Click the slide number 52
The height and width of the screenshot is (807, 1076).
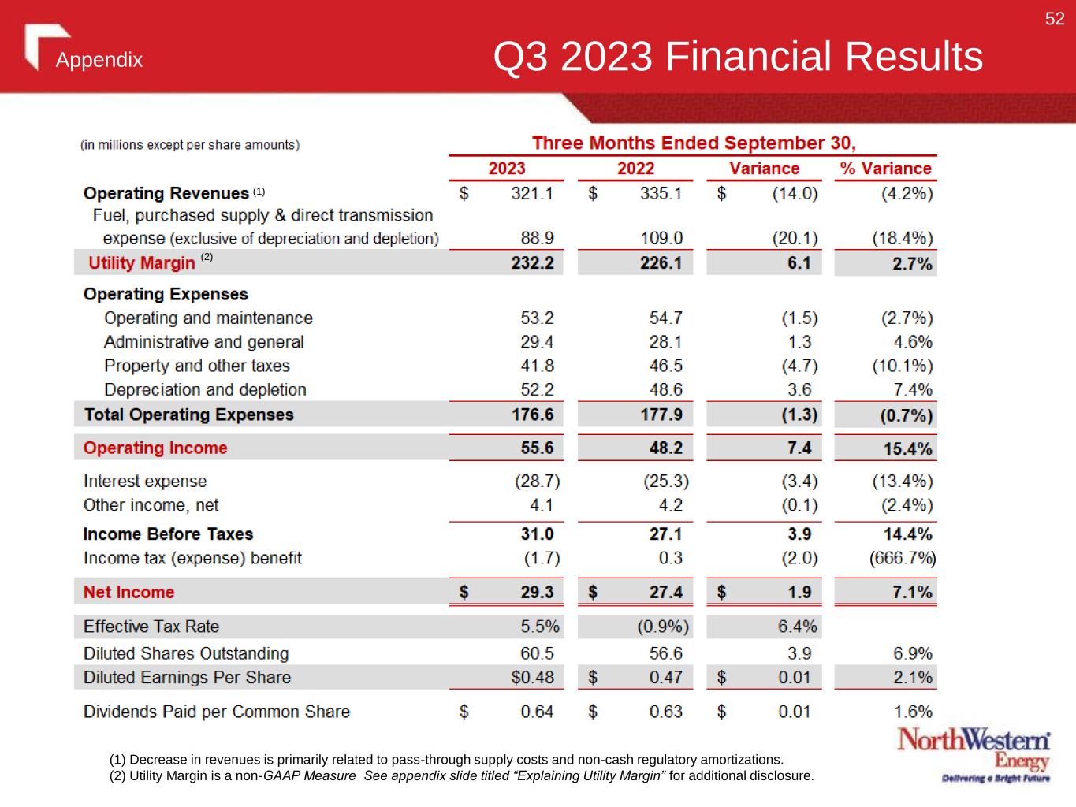pos(1055,19)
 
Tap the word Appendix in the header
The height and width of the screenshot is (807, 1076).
pos(99,61)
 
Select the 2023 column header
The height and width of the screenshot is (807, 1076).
pos(507,169)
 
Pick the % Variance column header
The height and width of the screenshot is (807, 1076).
pos(885,169)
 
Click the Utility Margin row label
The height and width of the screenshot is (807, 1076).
pos(142,263)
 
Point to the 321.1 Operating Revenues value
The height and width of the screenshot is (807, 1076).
pos(532,193)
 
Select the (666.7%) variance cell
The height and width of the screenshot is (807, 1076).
pos(902,559)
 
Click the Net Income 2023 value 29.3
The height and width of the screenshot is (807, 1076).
pos(537,592)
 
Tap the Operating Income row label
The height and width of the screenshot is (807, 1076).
pos(155,448)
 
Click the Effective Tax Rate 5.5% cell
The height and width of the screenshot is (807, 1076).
pos(540,627)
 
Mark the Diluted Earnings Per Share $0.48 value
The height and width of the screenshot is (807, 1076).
pos(532,677)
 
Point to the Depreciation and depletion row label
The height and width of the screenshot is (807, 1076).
pos(205,389)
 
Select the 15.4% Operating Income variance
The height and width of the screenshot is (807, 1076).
pos(907,449)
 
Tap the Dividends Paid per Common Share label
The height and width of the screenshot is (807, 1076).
pos(217,712)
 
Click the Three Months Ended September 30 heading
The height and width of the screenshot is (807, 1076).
pos(694,143)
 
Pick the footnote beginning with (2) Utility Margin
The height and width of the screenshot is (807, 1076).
pos(461,776)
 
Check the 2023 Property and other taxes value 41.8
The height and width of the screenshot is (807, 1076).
pos(537,366)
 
